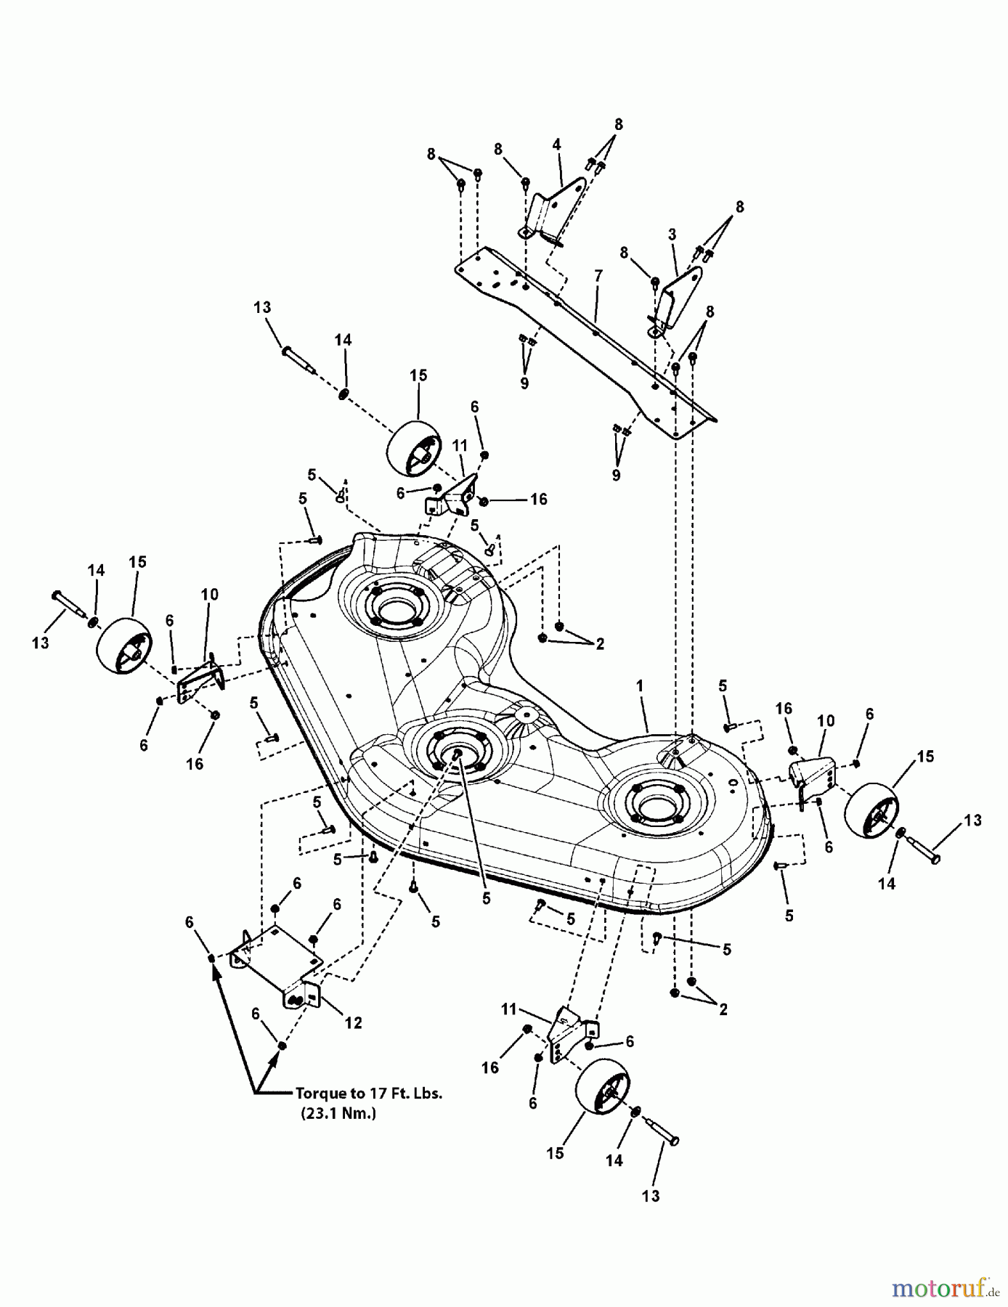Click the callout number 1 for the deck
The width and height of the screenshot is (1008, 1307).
pyautogui.click(x=639, y=685)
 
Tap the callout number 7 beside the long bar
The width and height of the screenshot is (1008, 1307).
pyautogui.click(x=598, y=275)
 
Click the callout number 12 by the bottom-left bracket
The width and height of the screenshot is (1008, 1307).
pyautogui.click(x=353, y=1022)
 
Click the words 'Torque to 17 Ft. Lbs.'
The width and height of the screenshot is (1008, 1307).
pyautogui.click(x=368, y=1093)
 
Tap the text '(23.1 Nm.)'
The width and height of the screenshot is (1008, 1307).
pyautogui.click(x=338, y=1112)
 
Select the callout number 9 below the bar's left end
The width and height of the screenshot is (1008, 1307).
pyautogui.click(x=524, y=383)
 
